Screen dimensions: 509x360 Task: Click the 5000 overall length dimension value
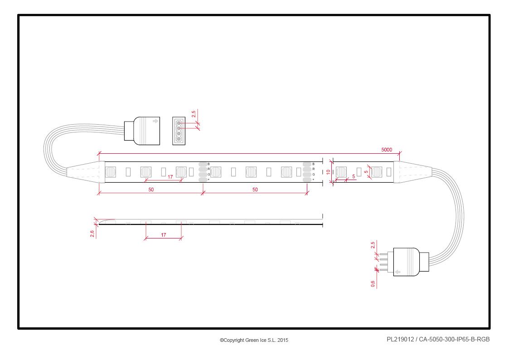(386, 150)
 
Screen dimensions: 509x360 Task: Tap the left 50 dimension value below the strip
(151, 190)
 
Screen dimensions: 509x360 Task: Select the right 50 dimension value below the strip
(255, 190)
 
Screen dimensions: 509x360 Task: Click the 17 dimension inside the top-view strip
(170, 177)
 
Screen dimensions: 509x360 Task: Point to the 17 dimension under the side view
(164, 235)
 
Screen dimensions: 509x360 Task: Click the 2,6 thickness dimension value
(92, 234)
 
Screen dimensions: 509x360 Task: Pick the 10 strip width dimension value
(328, 172)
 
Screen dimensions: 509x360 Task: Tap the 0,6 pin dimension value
(373, 284)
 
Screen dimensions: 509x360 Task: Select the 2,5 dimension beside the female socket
(194, 114)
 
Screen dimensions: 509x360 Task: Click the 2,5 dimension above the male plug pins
(373, 245)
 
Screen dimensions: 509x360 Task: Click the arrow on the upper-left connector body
(155, 121)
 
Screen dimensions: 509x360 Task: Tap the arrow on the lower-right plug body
(398, 272)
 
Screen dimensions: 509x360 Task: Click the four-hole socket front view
(179, 131)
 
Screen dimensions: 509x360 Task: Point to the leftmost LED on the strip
(111, 172)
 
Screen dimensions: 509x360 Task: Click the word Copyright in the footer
(233, 340)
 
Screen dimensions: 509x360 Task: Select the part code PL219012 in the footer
(400, 339)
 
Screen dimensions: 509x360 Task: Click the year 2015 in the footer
(283, 340)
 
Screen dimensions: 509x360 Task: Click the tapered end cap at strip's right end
(412, 172)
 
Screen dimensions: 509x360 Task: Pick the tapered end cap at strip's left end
(86, 172)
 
